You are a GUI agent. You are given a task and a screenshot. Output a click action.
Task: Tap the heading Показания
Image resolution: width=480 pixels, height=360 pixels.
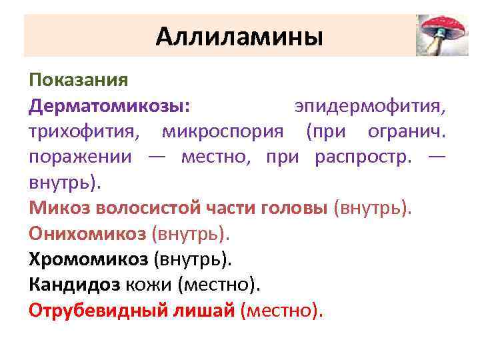(78, 81)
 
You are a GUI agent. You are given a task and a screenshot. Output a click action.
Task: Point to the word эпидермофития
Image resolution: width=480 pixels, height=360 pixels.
(371, 107)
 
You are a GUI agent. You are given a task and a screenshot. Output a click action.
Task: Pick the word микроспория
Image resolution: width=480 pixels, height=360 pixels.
(227, 132)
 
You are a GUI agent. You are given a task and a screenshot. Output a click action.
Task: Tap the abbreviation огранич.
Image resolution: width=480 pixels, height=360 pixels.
(407, 132)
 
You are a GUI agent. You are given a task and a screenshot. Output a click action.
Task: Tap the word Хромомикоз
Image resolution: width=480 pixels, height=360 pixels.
(88, 259)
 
